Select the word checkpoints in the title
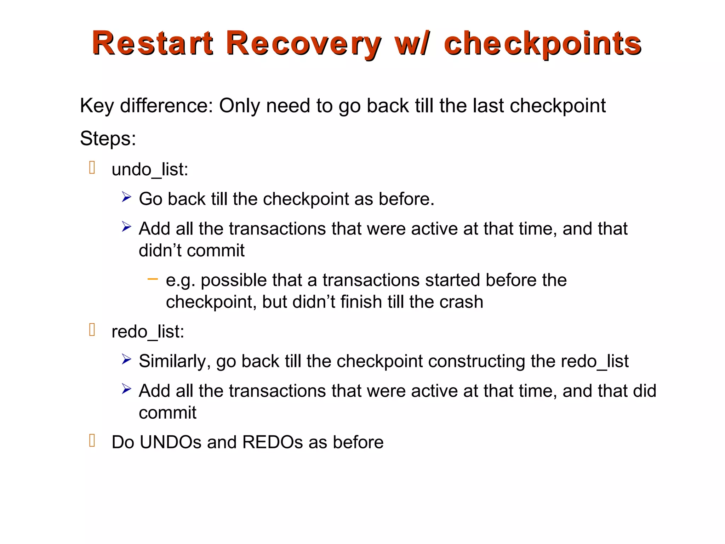coord(542,44)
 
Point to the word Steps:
coord(108,138)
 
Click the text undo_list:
coord(150,169)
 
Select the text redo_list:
coord(148,332)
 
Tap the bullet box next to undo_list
coord(92,168)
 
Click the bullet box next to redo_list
coord(92,330)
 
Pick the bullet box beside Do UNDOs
coord(92,440)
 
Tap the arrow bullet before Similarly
coord(126,359)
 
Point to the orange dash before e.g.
coord(153,279)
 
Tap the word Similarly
coord(175,362)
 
